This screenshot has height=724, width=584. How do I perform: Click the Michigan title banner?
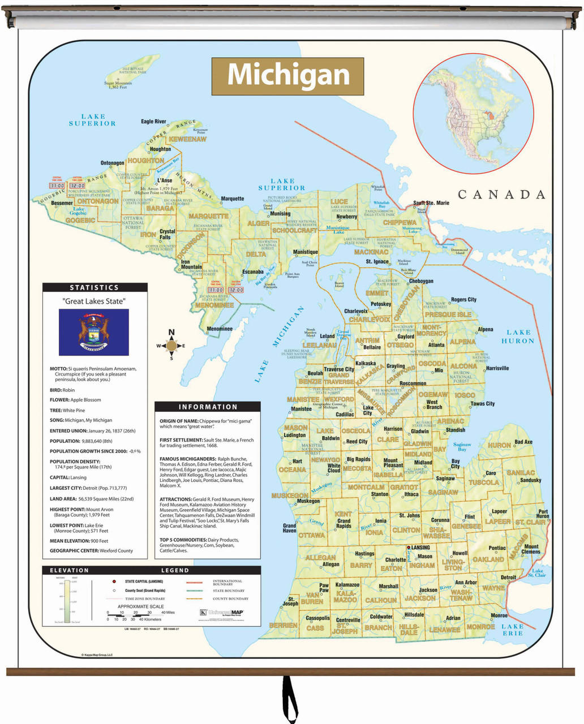tap(287, 76)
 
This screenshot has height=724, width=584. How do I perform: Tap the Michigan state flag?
tap(94, 332)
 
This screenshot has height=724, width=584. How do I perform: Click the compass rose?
tap(171, 345)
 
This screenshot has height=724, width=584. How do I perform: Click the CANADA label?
tap(501, 195)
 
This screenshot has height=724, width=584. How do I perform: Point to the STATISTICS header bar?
tap(95, 287)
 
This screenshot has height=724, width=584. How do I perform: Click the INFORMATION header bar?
tap(208, 407)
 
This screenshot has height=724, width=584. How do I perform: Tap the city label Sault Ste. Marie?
tap(431, 203)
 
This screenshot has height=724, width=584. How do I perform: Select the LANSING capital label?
tap(420, 548)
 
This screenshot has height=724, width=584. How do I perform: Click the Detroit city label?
tap(508, 578)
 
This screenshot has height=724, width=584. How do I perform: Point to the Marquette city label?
tap(233, 199)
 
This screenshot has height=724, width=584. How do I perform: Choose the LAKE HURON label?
tap(518, 337)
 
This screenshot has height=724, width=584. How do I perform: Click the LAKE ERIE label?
tap(512, 630)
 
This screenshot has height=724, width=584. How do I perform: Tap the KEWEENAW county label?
tap(187, 139)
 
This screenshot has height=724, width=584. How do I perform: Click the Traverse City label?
tap(338, 369)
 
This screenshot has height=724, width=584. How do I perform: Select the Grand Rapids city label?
tap(344, 523)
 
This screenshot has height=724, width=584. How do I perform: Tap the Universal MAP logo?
tap(222, 612)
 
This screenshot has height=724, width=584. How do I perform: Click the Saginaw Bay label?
tap(462, 447)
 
